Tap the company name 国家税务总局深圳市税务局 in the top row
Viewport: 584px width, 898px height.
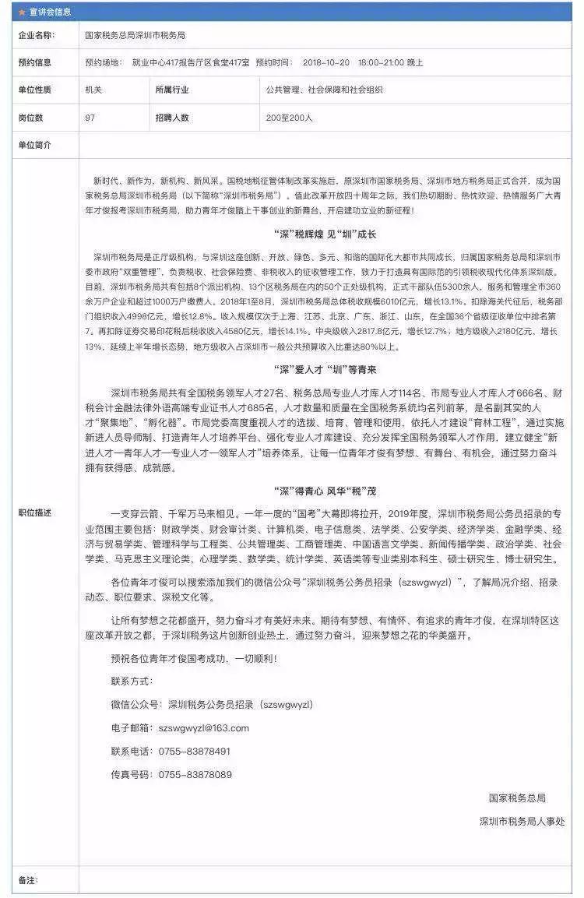click(x=135, y=36)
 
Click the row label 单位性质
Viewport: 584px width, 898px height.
click(x=35, y=90)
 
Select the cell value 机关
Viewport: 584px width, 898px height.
click(x=93, y=90)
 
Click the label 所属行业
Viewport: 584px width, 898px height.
click(x=171, y=90)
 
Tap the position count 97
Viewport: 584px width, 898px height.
click(x=90, y=118)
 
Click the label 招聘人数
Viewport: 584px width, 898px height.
click(x=171, y=118)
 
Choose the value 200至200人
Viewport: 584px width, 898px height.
click(x=289, y=118)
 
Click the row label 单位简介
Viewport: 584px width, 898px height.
click(x=35, y=145)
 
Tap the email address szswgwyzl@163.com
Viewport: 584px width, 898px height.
click(x=203, y=727)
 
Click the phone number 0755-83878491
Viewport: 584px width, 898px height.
click(x=195, y=751)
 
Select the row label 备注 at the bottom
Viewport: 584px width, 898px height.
click(x=28, y=880)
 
